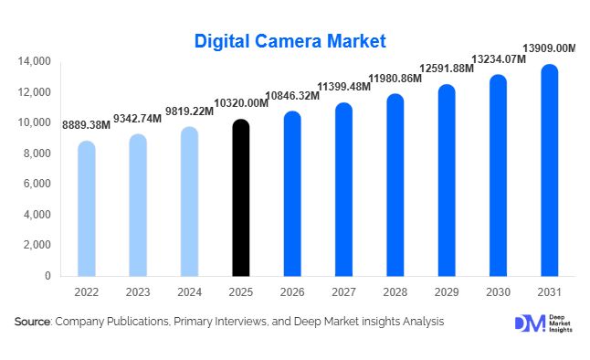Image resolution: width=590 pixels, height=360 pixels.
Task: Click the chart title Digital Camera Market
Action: pyautogui.click(x=290, y=41)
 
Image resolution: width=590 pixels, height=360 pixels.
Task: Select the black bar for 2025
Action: pyautogui.click(x=240, y=198)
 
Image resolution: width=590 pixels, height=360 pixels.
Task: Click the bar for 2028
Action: pyautogui.click(x=395, y=185)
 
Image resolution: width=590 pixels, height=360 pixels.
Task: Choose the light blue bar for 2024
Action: pyautogui.click(x=189, y=202)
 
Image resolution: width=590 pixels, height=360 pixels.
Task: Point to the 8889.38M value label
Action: pyautogui.click(x=86, y=124)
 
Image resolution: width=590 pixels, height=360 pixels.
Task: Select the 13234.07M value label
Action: pyautogui.click(x=497, y=59)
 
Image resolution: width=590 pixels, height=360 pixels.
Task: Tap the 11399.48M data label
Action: pyautogui.click(x=342, y=88)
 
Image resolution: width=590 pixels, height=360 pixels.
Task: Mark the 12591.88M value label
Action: pyautogui.click(x=446, y=69)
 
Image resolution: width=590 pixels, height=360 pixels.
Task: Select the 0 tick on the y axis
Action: pyautogui.click(x=47, y=276)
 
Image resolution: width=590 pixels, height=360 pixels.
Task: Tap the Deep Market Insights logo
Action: pyautogui.click(x=544, y=323)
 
